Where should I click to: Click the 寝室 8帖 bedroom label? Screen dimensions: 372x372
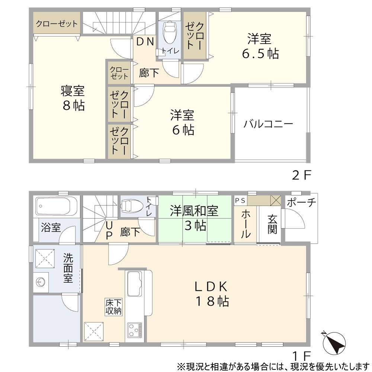[73, 98]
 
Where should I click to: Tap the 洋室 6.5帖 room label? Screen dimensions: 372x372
[260, 46]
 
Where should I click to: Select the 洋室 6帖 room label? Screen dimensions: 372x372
[183, 122]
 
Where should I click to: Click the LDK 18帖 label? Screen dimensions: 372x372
[212, 294]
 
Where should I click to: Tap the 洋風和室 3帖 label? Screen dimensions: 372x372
[194, 218]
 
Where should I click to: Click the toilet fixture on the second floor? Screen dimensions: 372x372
[169, 32]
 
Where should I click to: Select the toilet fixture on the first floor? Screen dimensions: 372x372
[132, 205]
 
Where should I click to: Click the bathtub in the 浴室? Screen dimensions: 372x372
[56, 206]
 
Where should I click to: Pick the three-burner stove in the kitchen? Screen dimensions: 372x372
[135, 330]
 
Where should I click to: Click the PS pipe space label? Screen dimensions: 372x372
[240, 201]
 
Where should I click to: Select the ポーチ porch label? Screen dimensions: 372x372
[301, 202]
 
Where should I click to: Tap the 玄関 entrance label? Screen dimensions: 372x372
[272, 224]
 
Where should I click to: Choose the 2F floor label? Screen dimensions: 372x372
[301, 176]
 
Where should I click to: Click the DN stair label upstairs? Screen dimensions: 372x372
[145, 42]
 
